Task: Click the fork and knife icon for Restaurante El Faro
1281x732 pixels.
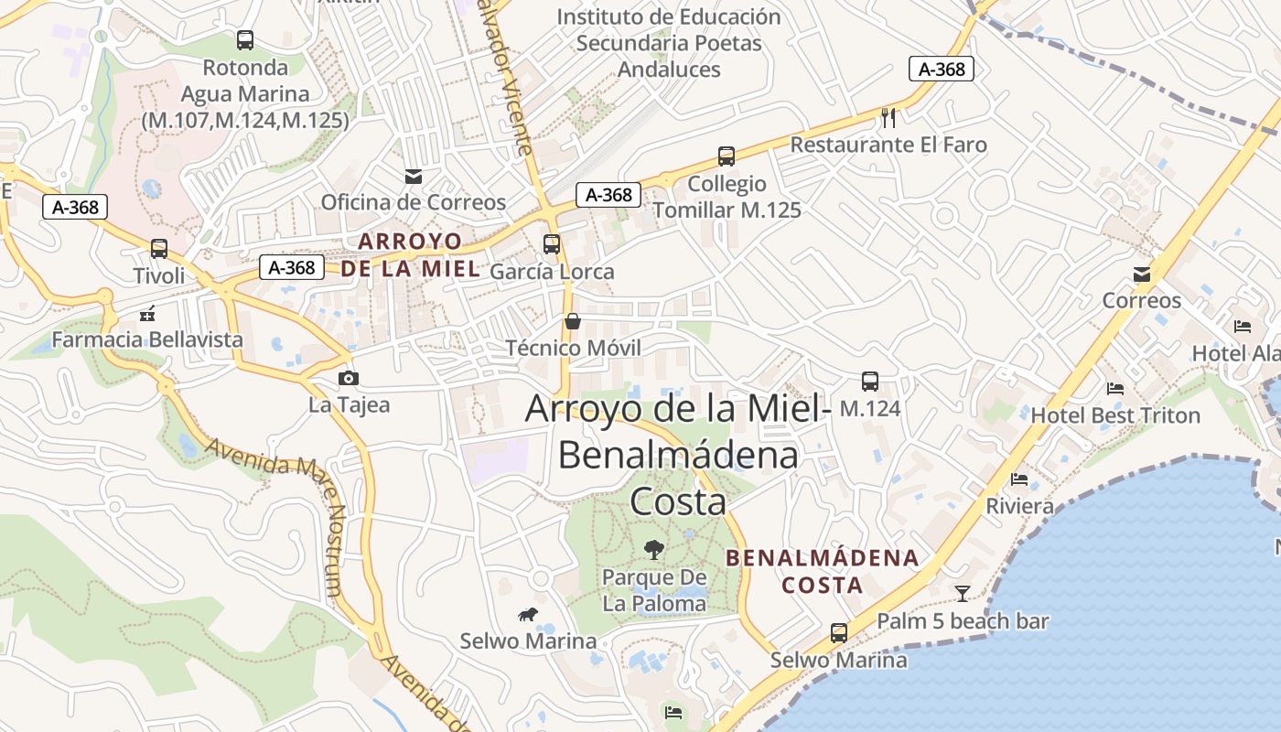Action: [x=888, y=117]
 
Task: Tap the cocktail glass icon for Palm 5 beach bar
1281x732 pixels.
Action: [x=962, y=593]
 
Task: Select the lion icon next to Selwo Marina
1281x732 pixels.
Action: [x=527, y=615]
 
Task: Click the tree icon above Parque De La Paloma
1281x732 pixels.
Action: [x=653, y=549]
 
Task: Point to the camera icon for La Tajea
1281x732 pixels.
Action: [x=348, y=378]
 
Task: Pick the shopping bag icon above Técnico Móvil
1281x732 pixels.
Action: [x=573, y=321]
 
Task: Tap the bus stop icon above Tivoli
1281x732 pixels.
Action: [x=159, y=249]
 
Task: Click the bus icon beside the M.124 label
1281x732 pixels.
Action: [x=869, y=381]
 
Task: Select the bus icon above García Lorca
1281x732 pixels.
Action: [x=551, y=244]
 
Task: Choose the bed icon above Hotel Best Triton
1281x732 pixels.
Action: [x=1114, y=389]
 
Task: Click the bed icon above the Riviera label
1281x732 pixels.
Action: [x=1019, y=479]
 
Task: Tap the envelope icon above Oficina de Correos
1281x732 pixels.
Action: [x=414, y=176]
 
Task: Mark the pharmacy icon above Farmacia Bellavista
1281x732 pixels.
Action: [x=147, y=314]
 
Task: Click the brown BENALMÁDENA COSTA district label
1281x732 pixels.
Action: [x=821, y=571]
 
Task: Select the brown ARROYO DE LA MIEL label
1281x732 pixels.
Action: [x=410, y=255]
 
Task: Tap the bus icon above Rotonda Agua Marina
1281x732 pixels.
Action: [x=244, y=40]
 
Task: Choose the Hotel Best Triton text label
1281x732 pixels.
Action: [x=1115, y=415]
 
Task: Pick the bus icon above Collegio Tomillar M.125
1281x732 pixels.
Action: [x=727, y=156]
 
